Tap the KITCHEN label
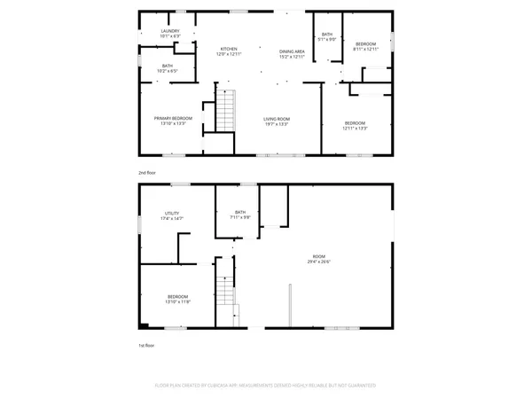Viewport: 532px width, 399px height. pos(229,49)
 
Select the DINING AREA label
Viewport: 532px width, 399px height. pos(292,51)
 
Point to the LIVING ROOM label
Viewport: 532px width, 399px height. pos(277,119)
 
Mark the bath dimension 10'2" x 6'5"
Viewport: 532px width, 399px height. pos(168,70)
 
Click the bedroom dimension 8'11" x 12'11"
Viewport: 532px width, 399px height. pos(367,49)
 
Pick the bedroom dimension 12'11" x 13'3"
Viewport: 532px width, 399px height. pos(356,128)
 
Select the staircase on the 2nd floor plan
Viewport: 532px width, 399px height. pos(228,114)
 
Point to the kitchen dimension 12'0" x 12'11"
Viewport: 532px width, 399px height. pos(229,55)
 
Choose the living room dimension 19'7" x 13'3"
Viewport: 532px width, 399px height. pos(277,124)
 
